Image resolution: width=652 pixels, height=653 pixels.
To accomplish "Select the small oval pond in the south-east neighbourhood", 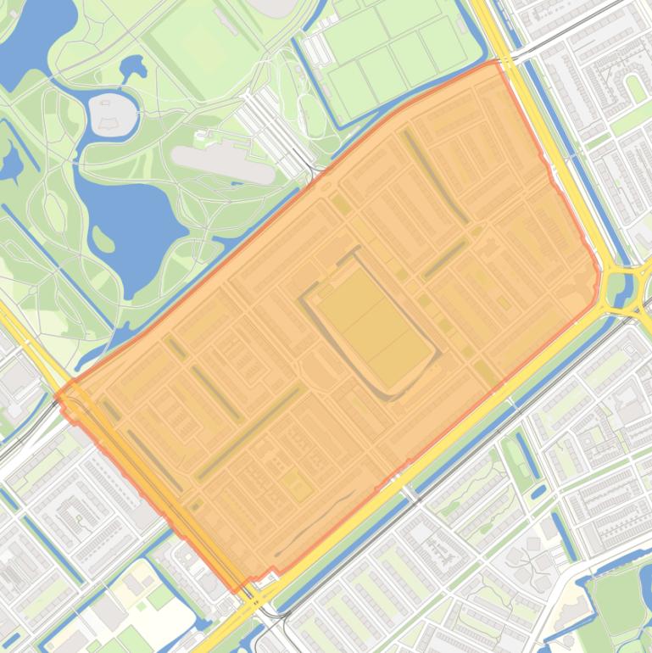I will (539, 490).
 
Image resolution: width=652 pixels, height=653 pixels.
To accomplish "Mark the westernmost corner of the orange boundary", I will (58, 393).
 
